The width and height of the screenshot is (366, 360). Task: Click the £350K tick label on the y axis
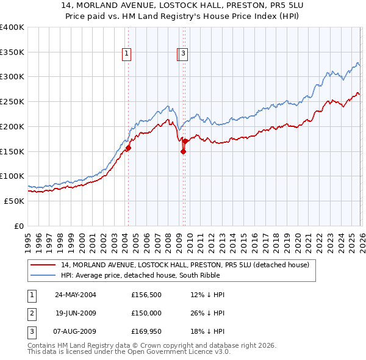12,52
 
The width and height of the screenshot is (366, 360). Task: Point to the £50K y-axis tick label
13,201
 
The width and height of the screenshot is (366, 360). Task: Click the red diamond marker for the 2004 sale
129,148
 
